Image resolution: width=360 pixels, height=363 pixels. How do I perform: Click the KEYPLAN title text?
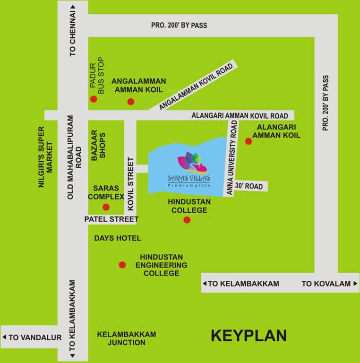tap(249, 336)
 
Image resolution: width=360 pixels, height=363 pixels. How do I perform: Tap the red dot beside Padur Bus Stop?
tap(94, 99)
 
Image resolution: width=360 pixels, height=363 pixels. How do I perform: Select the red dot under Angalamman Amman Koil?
tap(131, 102)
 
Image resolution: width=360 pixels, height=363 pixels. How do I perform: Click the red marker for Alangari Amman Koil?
tap(249, 141)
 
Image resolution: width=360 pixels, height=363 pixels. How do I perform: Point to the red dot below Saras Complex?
tap(106, 207)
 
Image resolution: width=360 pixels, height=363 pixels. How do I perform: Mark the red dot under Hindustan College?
tap(187, 220)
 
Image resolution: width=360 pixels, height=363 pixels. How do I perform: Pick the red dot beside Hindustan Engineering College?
tap(122, 265)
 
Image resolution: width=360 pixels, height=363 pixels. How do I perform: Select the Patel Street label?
tap(111, 219)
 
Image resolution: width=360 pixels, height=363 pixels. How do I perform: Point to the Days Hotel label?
tap(118, 238)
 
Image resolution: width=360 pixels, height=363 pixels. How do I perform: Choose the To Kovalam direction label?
tap(327, 284)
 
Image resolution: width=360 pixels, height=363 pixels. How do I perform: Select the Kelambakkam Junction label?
tap(127, 338)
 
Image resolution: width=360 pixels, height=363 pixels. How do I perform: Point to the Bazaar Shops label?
tap(98, 145)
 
